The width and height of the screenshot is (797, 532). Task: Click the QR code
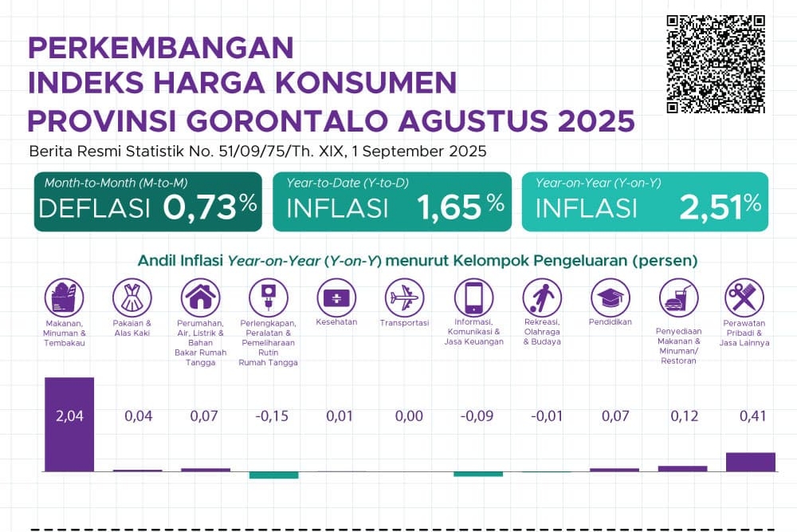coord(716,64)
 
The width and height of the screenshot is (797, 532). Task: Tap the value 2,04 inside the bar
coord(69,416)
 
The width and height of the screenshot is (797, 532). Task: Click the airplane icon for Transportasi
coord(403,298)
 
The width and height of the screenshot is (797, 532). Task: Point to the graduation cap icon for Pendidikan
coord(610,298)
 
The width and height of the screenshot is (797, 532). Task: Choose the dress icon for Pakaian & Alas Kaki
coord(132,298)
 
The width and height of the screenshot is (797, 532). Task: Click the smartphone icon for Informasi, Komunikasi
coord(473,298)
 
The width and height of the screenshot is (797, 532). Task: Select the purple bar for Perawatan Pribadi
coord(750,462)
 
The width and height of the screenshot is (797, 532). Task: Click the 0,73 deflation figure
coord(201,207)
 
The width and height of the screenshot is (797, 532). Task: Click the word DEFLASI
coord(94,208)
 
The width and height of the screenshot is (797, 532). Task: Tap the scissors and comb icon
coord(744,298)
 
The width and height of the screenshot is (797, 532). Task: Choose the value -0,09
coord(478,416)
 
